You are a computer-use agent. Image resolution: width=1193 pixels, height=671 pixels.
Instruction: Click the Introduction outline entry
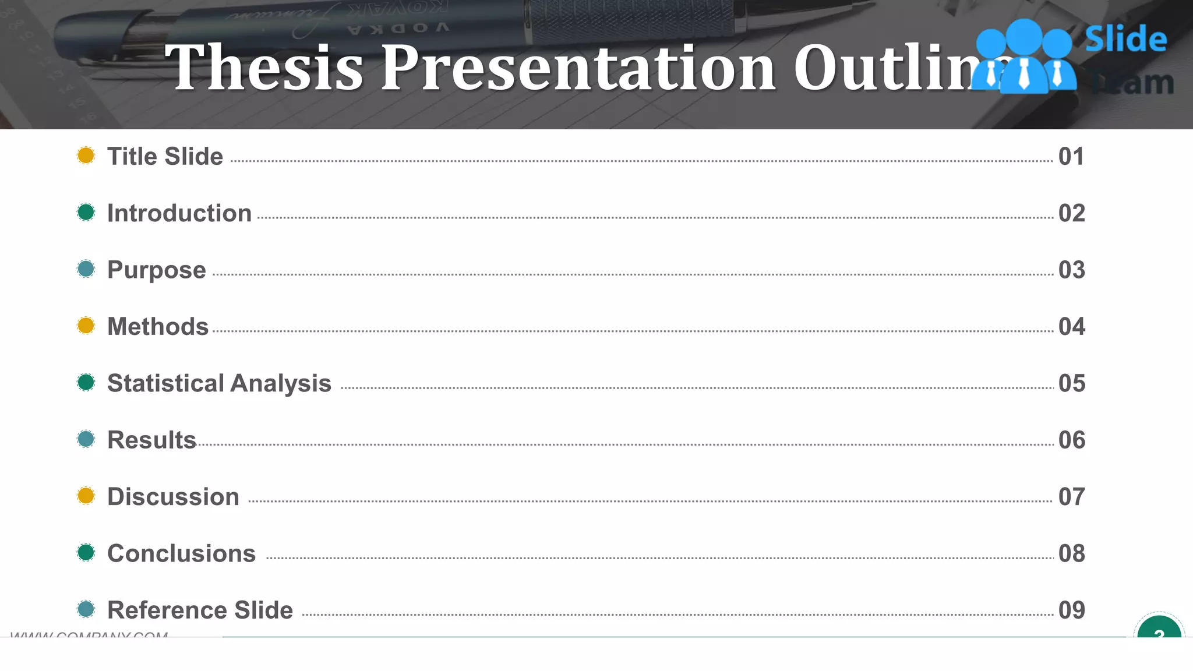coord(179,213)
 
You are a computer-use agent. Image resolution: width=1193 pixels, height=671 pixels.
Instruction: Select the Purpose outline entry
coord(157,270)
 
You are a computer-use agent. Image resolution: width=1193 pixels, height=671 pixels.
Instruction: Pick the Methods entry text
coord(158,327)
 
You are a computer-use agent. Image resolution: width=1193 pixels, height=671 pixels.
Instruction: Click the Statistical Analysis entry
coord(219,383)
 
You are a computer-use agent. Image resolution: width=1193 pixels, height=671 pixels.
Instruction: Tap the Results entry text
coord(151,440)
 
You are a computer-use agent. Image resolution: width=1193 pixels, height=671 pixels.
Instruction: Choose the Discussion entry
coord(173,497)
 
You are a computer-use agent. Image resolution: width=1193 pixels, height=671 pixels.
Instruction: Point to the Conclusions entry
coord(181,553)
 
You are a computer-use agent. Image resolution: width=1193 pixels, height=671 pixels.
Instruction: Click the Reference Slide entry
coord(200,610)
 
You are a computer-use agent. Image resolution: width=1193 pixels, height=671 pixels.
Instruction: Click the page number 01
coord(1071,157)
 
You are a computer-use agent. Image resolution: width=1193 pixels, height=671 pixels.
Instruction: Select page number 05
coord(1071,383)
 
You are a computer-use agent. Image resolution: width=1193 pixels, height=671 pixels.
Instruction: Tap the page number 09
coord(1071,610)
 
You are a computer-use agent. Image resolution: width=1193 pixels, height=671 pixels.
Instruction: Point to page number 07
coord(1071,497)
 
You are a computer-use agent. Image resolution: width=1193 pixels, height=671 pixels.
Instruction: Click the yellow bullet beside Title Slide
coord(86,156)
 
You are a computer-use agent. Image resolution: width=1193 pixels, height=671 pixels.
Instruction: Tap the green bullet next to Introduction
coord(86,212)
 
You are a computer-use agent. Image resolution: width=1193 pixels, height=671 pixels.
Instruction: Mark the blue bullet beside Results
coord(86,439)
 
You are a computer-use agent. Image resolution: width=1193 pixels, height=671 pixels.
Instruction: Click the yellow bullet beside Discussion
coord(86,496)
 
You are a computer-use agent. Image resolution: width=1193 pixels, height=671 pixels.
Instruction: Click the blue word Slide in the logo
coord(1125,40)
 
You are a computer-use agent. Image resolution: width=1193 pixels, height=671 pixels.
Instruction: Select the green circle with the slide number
coord(1159,630)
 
